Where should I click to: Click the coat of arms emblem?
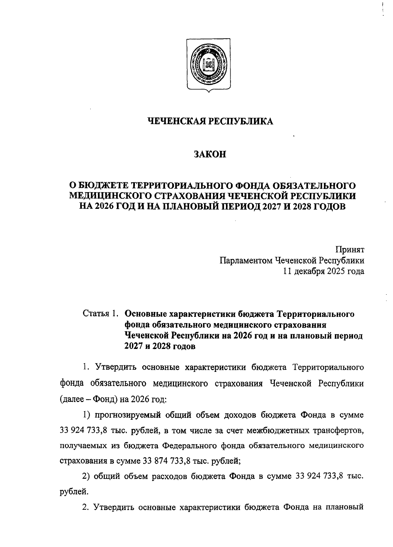tap(208, 65)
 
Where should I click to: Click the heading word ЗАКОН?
tap(210, 154)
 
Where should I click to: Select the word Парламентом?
tap(246, 261)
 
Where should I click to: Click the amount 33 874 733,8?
tap(167, 461)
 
